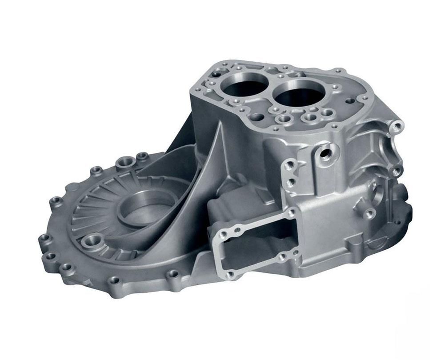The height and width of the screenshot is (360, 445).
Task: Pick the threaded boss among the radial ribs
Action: point(95,244)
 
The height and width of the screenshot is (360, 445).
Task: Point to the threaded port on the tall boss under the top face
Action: point(326,152)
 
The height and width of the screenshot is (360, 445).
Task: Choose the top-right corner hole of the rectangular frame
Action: point(293,213)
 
